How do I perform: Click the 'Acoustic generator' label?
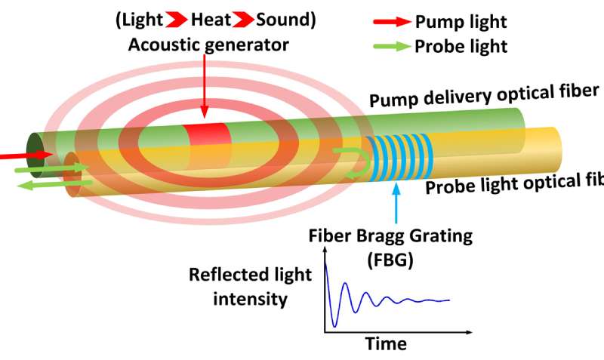tap(208, 45)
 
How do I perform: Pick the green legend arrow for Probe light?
tap(390, 46)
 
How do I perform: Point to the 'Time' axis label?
tap(386, 344)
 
